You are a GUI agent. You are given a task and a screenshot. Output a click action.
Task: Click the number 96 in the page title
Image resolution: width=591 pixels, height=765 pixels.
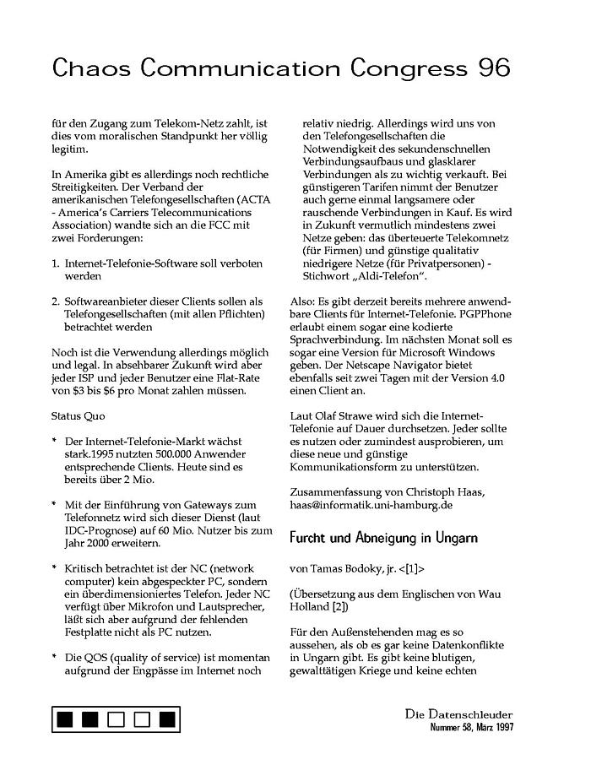point(491,68)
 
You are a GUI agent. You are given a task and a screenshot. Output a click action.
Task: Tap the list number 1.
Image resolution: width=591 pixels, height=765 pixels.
point(55,263)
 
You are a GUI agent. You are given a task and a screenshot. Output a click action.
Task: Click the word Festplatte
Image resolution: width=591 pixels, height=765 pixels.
point(91,632)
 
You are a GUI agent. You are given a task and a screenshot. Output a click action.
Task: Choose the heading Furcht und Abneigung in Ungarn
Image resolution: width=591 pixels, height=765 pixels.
point(383,537)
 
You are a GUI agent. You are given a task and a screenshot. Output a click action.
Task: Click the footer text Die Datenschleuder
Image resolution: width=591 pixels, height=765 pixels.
point(458,715)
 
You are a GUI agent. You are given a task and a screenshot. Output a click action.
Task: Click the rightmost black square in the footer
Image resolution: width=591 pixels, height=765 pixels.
point(167,719)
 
